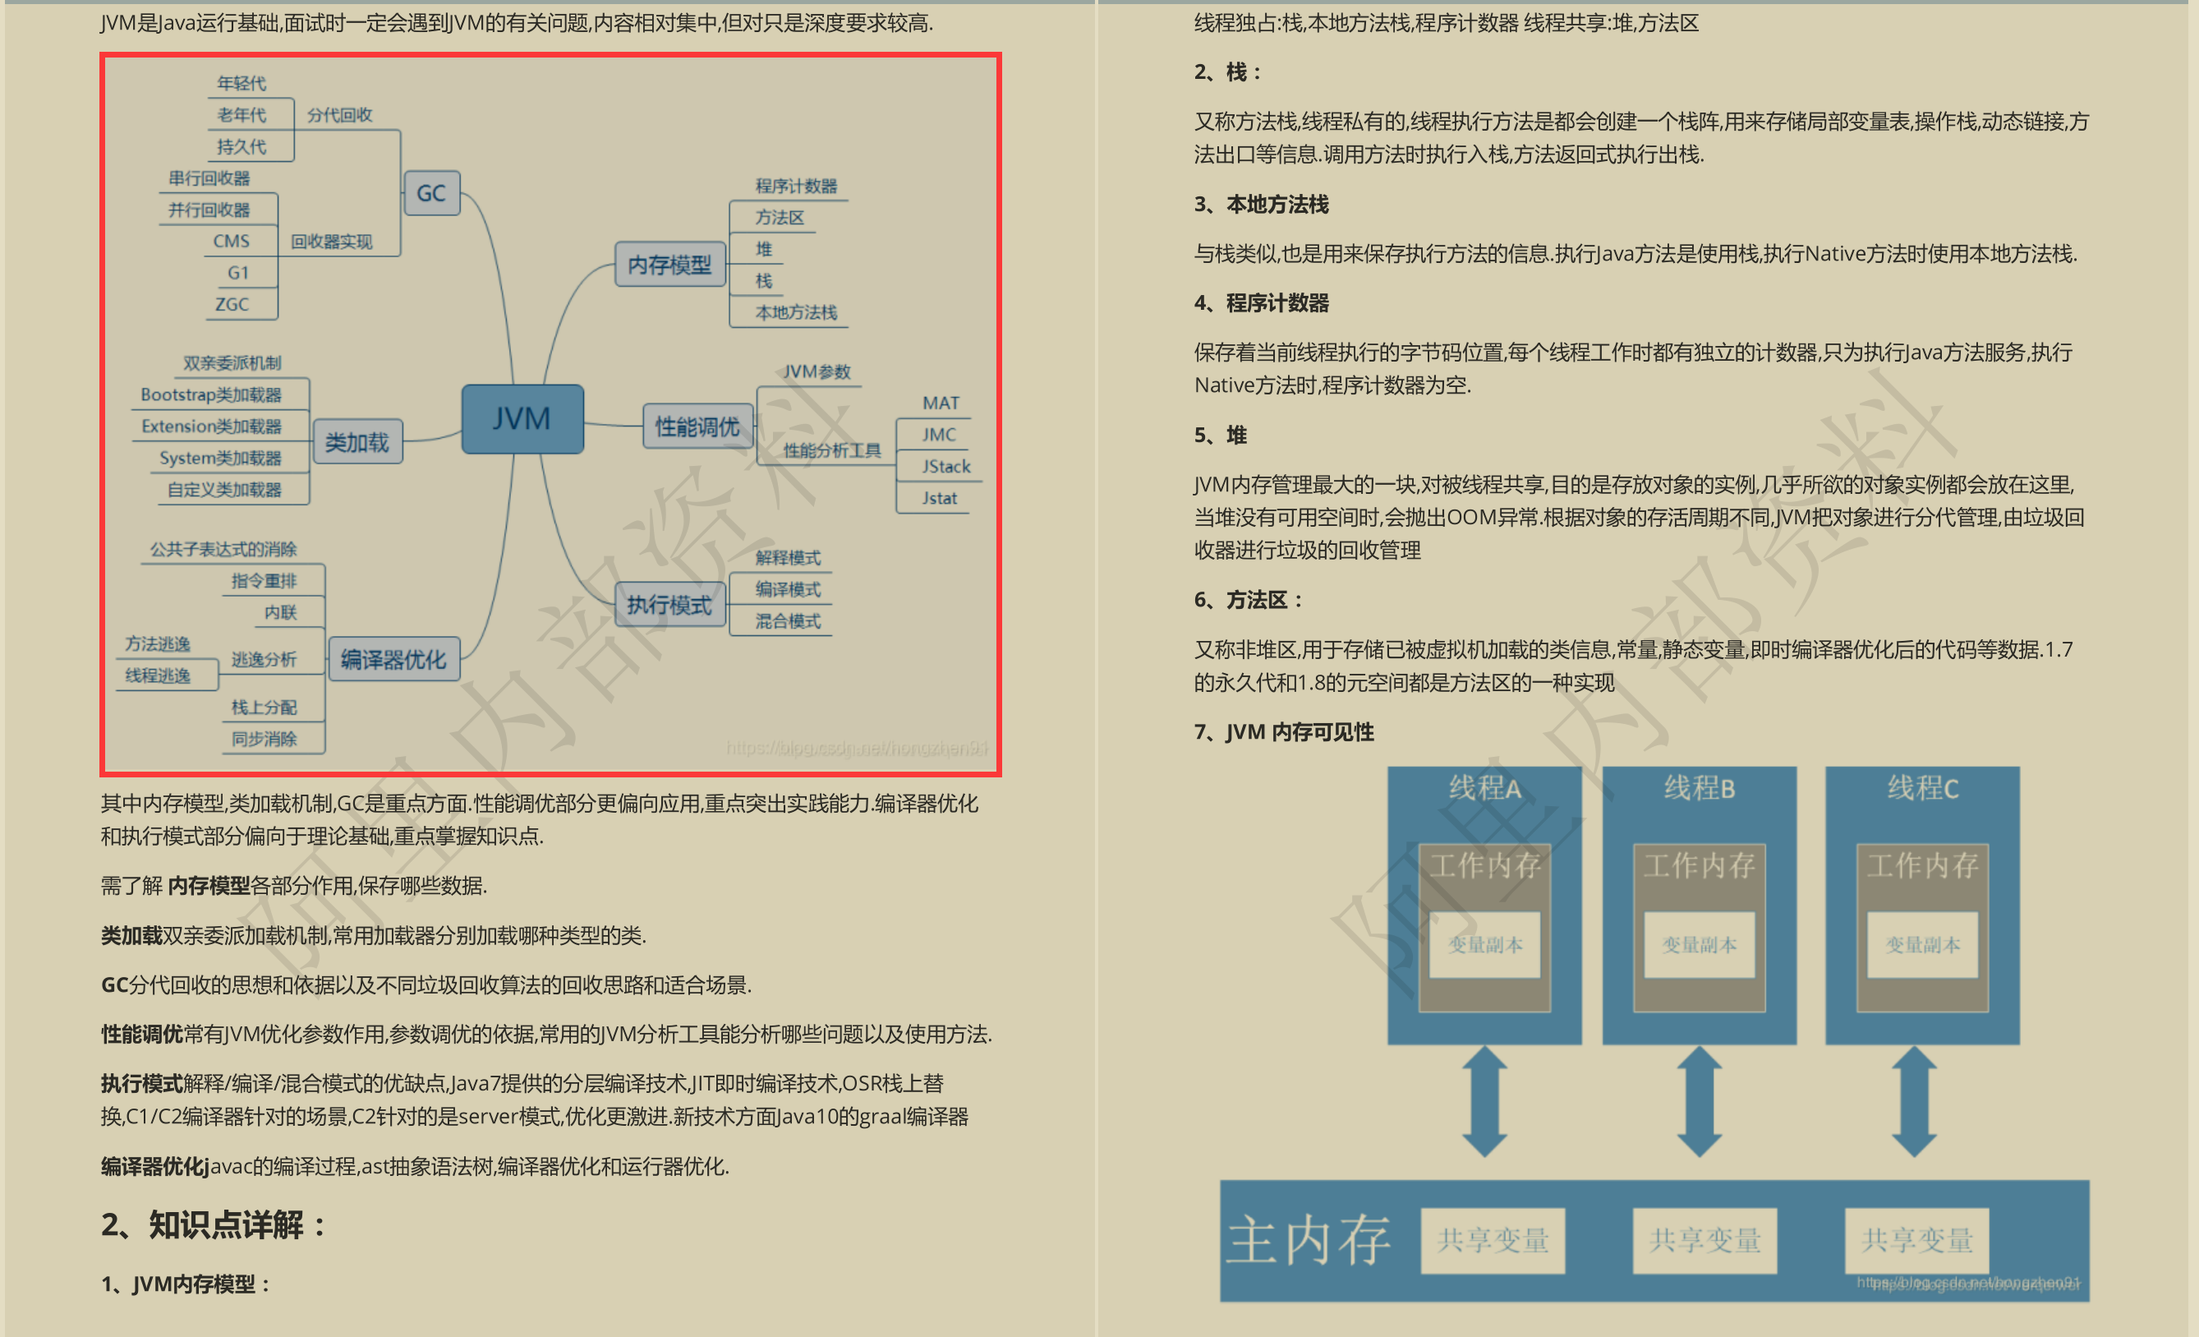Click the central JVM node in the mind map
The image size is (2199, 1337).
(x=522, y=418)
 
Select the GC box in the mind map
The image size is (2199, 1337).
(x=432, y=193)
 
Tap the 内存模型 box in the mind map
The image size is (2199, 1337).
(x=669, y=264)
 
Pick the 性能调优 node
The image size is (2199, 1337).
(x=697, y=426)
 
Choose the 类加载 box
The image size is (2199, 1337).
(x=357, y=442)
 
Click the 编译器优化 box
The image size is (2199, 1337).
(x=393, y=660)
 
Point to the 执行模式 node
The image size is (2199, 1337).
(x=669, y=605)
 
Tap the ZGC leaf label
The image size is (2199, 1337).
(x=232, y=304)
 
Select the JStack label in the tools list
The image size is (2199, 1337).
(x=946, y=467)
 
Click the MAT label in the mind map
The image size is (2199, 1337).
(x=941, y=403)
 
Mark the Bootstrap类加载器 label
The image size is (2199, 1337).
(x=210, y=394)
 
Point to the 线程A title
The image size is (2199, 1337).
(x=1484, y=788)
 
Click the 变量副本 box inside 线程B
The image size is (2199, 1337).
(x=1700, y=945)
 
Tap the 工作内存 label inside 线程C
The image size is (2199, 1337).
(x=1922, y=864)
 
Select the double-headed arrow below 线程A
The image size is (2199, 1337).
(x=1484, y=1101)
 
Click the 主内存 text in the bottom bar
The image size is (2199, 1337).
(x=1308, y=1240)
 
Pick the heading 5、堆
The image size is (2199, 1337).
(x=1220, y=436)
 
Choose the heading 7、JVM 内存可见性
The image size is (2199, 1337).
(x=1283, y=732)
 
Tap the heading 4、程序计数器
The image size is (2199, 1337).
(x=1261, y=303)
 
